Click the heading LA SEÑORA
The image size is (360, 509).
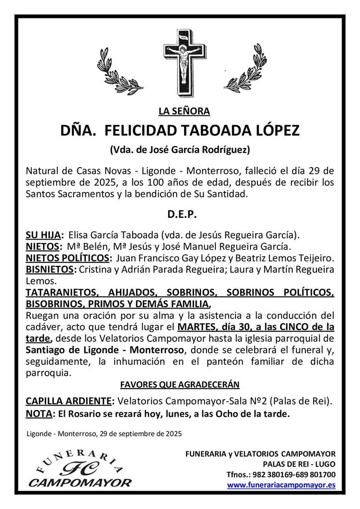180,111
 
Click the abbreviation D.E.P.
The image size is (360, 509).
180,215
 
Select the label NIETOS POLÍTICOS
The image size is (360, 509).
68,258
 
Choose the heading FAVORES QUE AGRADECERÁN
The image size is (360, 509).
180,384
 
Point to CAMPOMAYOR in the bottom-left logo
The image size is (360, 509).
80,482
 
